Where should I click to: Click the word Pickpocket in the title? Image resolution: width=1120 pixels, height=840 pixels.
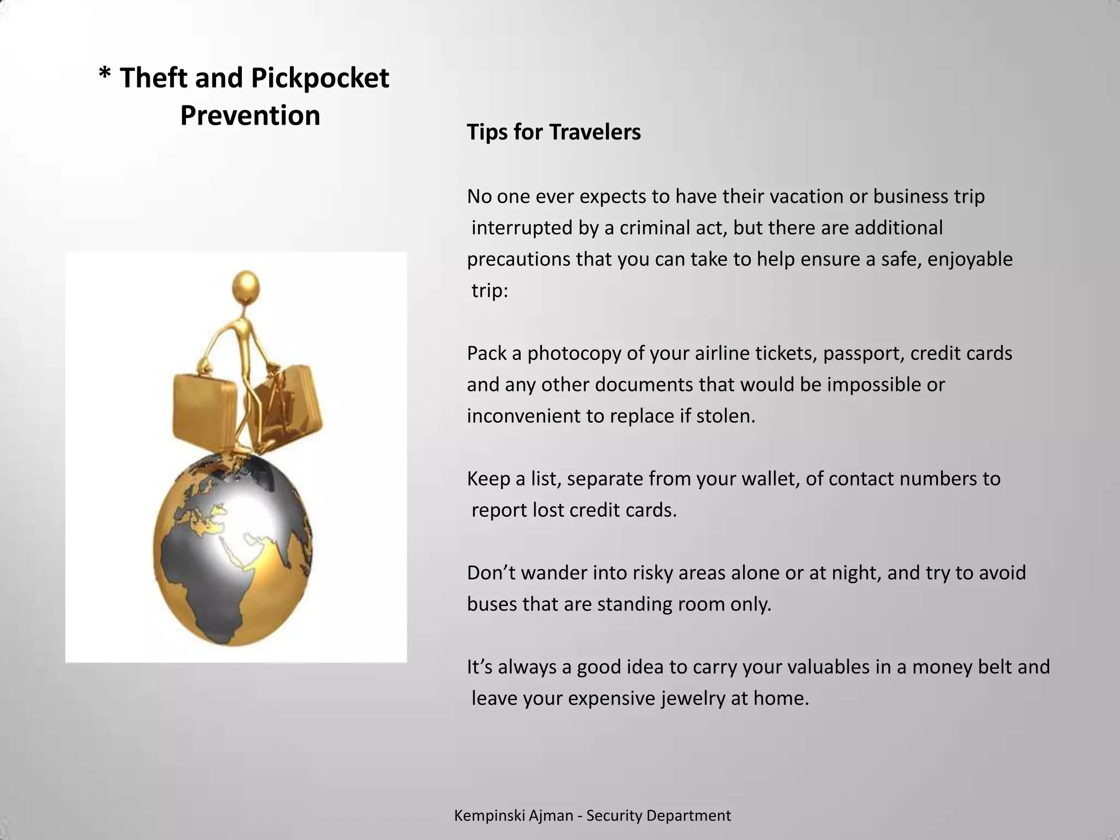320,78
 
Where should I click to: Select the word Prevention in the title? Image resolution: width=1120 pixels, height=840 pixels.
250,116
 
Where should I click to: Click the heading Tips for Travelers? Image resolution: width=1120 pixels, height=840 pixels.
553,132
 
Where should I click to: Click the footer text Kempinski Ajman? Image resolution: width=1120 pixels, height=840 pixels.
513,816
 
